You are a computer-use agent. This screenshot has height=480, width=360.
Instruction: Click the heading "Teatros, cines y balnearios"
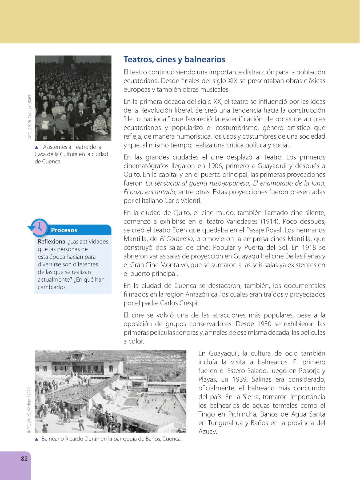point(174,59)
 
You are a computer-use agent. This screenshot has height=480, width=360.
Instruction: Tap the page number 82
point(24,458)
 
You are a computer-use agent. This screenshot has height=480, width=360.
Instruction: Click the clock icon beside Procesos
point(40,227)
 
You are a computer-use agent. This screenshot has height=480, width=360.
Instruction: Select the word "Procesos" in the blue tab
point(64,230)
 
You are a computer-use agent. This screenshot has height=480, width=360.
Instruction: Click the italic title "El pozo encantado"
point(149,192)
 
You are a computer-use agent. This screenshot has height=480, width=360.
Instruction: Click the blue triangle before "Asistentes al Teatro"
point(37,147)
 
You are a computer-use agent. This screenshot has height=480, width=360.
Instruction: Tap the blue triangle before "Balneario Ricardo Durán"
point(37,439)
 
